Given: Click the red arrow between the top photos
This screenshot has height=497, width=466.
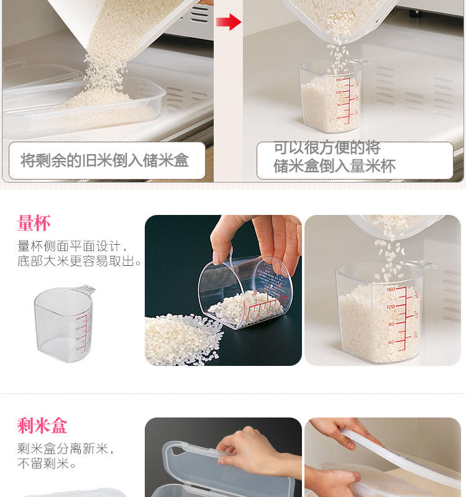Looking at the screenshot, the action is (229, 22).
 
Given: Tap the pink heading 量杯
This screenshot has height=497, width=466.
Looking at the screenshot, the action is (34, 223).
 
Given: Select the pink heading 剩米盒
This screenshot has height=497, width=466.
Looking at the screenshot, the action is (42, 425).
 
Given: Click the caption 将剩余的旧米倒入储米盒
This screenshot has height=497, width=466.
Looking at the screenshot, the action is (104, 160).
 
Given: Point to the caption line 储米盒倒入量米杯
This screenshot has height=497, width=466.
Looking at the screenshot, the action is (335, 166).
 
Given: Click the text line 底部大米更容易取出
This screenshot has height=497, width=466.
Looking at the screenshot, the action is (79, 261).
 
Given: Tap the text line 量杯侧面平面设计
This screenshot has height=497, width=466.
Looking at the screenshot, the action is (72, 246).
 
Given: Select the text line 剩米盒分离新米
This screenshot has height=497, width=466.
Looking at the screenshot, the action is (65, 449).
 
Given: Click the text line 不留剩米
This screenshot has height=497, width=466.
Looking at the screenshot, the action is (47, 463).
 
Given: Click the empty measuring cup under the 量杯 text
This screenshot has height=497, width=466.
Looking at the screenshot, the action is (64, 324).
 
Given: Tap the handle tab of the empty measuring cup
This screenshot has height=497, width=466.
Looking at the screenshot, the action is (84, 289).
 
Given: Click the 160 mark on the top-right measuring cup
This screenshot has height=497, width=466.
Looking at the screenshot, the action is (339, 80).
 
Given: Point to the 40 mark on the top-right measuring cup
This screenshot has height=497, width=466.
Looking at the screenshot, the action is (339, 118).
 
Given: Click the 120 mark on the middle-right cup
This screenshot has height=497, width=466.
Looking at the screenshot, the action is (391, 307).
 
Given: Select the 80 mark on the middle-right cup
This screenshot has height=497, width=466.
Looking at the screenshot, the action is (391, 324).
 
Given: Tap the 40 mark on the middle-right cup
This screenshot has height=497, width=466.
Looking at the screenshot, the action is (391, 342).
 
